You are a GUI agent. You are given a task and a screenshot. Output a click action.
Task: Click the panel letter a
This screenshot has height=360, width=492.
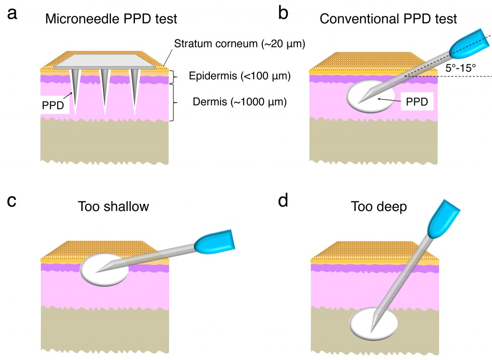[x=13, y=14]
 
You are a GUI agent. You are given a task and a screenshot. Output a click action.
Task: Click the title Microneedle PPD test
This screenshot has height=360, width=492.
[x=111, y=20]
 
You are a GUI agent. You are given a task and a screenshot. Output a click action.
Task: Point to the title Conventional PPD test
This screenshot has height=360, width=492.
[x=388, y=19]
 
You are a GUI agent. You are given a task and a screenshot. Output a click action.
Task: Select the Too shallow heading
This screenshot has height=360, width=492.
[x=113, y=207]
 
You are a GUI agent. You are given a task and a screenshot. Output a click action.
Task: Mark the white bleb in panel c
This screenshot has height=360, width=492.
[x=104, y=269]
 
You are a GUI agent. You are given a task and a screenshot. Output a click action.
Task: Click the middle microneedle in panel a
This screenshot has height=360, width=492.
[x=105, y=89]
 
